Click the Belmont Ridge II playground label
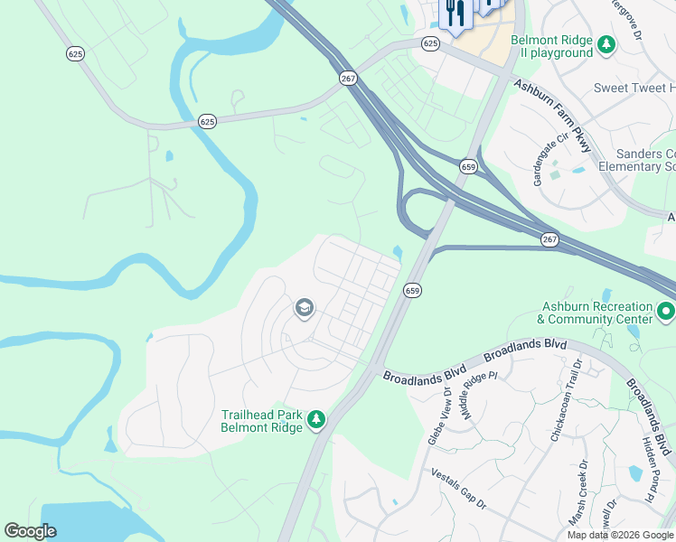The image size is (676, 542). tap(551, 46)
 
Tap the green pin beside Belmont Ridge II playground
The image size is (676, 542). tap(608, 42)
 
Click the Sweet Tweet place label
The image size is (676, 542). tap(634, 88)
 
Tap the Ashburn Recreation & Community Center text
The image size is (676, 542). tap(594, 313)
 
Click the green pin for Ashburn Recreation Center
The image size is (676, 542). tap(666, 312)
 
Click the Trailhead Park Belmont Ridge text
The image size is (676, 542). tap(262, 421)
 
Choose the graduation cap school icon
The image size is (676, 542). tap(304, 309)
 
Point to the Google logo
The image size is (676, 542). tap(31, 531)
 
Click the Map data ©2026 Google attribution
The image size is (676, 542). tap(619, 535)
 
